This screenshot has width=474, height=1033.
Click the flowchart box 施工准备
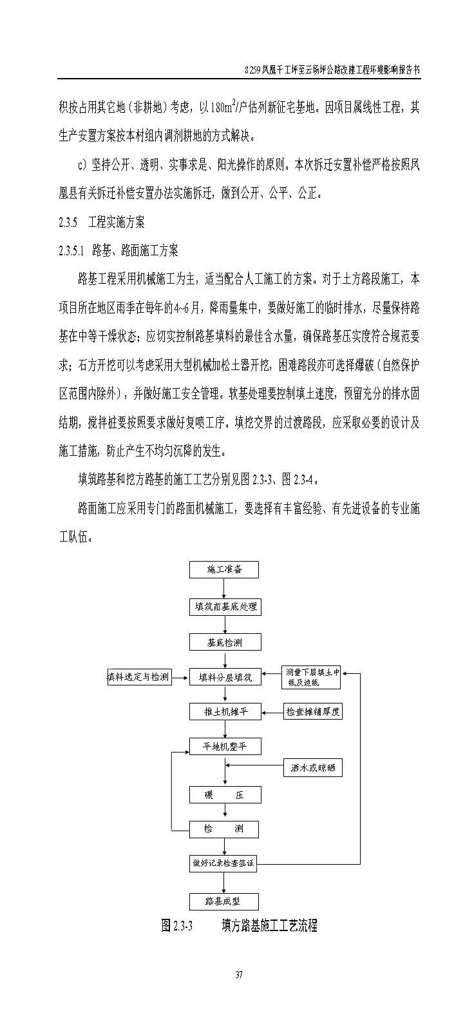pyautogui.click(x=224, y=570)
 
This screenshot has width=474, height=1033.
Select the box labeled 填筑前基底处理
pyautogui.click(x=225, y=607)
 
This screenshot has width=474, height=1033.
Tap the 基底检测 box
pyautogui.click(x=225, y=642)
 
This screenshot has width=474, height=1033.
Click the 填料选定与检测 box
pyautogui.click(x=139, y=676)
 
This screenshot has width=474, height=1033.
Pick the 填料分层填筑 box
pyautogui.click(x=225, y=677)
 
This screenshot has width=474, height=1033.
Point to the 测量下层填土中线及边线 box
pyautogui.click(x=312, y=676)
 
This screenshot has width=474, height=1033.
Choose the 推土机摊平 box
pyautogui.click(x=225, y=712)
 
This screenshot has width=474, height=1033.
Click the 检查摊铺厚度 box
pyautogui.click(x=313, y=712)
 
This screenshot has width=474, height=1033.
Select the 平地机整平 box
pyautogui.click(x=225, y=747)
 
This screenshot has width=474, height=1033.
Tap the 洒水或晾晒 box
pyautogui.click(x=312, y=768)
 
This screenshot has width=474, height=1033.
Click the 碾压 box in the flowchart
pyautogui.click(x=225, y=795)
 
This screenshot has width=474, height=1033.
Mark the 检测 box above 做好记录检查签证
pyautogui.click(x=223, y=829)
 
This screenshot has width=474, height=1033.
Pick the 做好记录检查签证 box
pyautogui.click(x=223, y=863)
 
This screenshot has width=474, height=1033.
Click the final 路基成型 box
pyautogui.click(x=223, y=901)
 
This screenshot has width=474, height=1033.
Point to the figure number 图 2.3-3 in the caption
pyautogui.click(x=177, y=927)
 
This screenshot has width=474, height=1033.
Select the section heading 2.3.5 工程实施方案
pyautogui.click(x=101, y=222)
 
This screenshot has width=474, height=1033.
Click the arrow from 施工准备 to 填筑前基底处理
pyautogui.click(x=224, y=588)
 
